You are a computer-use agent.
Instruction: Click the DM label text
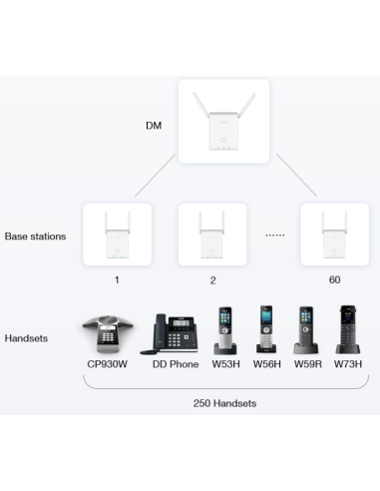click(153, 126)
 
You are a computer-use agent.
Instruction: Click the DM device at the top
click(223, 123)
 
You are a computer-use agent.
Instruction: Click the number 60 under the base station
click(333, 280)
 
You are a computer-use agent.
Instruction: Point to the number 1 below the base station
click(117, 280)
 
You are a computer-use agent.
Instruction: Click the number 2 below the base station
click(211, 280)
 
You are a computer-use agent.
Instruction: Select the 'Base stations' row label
click(35, 237)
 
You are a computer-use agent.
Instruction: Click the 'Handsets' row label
click(27, 338)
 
